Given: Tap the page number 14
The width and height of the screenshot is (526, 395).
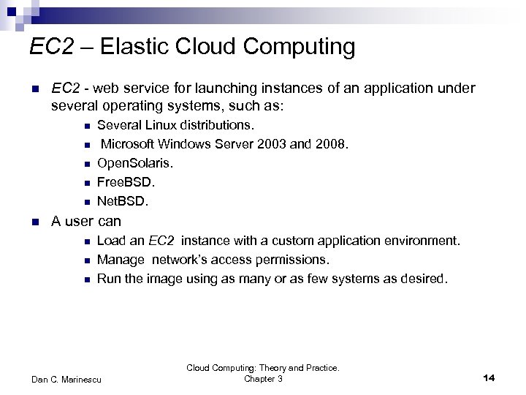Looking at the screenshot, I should (489, 377).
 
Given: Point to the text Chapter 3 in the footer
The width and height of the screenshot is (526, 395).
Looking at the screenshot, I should (263, 379).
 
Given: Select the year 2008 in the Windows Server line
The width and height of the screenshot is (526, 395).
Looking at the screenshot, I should (330, 145).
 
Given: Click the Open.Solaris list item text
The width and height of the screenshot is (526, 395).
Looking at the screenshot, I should (135, 163).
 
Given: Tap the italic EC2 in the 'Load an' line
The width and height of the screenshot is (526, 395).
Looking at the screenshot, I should (161, 241).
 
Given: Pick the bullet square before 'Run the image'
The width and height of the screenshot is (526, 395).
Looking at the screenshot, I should (86, 279).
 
